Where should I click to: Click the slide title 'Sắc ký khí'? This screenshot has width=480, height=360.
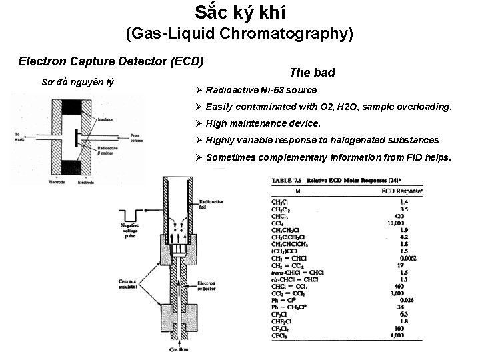pos(239,13)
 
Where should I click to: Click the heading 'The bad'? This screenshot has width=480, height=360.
pos(312,73)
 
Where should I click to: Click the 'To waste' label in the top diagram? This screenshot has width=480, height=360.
pos(21,137)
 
